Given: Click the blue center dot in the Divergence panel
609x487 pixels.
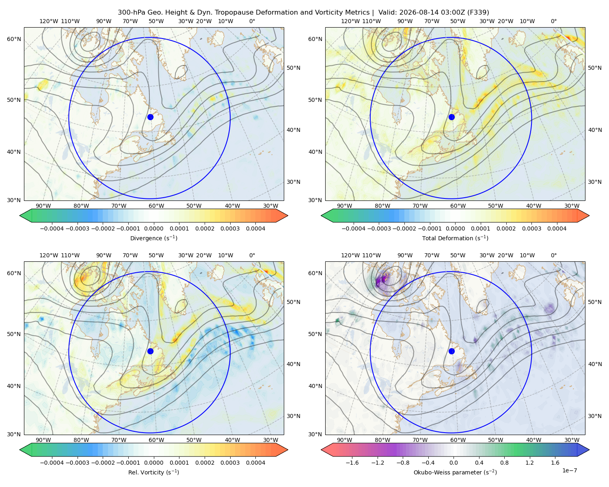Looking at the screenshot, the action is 150,117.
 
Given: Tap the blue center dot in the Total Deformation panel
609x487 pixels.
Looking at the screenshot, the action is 451,117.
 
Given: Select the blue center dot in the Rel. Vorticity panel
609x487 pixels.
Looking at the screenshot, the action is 150,351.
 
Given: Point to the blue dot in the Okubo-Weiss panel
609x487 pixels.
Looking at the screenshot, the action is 451,351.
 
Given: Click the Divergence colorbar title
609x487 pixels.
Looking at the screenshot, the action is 153,238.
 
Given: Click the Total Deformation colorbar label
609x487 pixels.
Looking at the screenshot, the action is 455,238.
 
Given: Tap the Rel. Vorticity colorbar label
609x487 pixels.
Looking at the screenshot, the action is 153,472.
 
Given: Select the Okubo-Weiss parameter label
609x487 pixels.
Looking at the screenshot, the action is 455,472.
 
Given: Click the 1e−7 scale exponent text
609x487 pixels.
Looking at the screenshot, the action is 569,470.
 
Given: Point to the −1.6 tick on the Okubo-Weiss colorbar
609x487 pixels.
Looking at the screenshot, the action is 352,463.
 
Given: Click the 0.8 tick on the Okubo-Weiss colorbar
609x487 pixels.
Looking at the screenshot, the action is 504,463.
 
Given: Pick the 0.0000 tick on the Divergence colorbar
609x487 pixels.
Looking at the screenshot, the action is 153,228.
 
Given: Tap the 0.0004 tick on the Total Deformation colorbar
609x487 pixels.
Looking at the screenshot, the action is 557,228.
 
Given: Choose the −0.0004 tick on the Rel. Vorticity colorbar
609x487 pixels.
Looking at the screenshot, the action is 52,463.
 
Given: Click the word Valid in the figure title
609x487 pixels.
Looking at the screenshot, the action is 385,13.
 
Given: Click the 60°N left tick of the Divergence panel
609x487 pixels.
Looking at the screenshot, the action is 14,39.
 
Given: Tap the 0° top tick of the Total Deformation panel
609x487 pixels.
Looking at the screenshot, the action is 553,21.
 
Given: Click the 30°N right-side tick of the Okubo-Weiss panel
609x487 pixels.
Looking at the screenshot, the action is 594,416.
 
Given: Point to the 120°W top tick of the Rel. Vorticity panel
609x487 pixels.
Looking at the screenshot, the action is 49,255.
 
